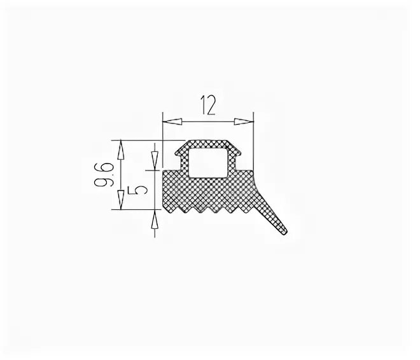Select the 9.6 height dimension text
(x=104, y=174)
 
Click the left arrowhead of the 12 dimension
(x=173, y=121)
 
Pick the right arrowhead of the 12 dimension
(x=243, y=121)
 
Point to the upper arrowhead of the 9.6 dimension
(x=121, y=150)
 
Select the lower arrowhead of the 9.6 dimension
(x=121, y=200)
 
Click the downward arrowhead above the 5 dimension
(x=155, y=161)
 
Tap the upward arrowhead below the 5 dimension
(x=155, y=219)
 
